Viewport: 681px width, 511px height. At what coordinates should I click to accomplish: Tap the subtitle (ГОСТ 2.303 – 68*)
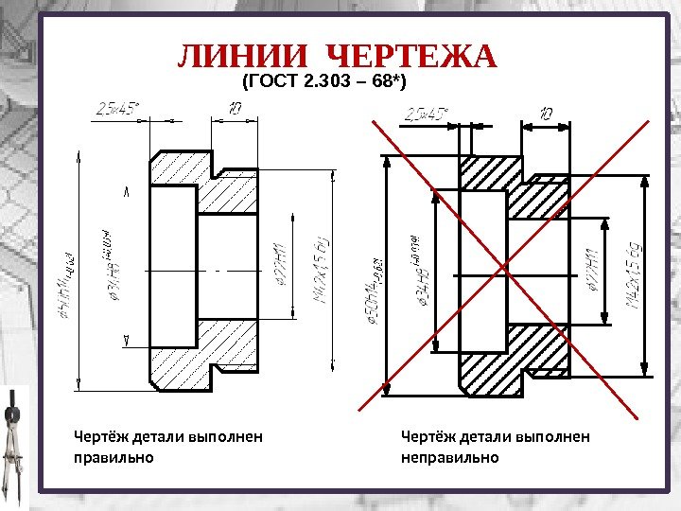pos(324,83)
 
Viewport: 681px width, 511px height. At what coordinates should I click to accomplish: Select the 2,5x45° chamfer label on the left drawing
pos(116,109)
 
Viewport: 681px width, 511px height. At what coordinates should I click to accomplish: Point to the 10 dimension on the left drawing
pos(235,108)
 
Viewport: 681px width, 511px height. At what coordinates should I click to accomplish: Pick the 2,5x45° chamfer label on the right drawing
pos(427,115)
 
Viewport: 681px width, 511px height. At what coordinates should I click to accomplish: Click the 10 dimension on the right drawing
pos(546,114)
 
